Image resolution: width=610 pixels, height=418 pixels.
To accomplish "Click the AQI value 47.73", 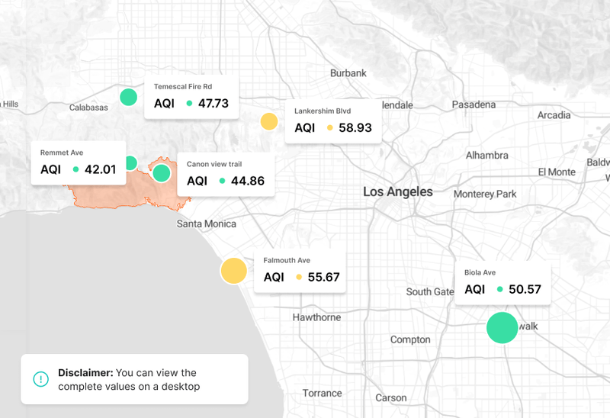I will click(x=213, y=103).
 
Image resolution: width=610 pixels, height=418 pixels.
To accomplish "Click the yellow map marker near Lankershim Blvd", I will click(x=268, y=121).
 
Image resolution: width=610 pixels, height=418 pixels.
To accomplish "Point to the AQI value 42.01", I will click(x=100, y=169).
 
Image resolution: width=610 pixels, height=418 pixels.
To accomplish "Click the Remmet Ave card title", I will click(x=61, y=153).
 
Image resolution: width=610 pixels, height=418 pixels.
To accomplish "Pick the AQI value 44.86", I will click(x=247, y=181).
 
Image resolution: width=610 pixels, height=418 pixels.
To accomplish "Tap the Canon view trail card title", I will click(x=214, y=164).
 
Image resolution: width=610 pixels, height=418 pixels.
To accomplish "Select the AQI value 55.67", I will click(x=323, y=277).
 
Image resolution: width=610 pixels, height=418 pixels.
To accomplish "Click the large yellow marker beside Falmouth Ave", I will click(x=233, y=271).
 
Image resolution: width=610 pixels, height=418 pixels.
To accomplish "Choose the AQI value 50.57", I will click(x=525, y=289).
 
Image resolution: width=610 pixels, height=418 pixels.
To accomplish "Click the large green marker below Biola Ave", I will click(x=502, y=327).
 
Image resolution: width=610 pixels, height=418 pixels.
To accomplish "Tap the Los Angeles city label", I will click(x=397, y=191).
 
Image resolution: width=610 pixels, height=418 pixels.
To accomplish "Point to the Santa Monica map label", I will click(x=206, y=223).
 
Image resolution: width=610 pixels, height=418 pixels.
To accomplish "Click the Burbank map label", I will click(x=348, y=73).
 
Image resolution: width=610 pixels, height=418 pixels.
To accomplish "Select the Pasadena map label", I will click(x=474, y=104).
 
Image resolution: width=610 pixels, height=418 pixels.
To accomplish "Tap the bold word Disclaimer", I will click(x=85, y=373).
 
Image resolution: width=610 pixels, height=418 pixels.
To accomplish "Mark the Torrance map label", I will click(x=322, y=393).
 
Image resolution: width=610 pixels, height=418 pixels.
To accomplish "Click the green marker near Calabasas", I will click(x=128, y=97).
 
